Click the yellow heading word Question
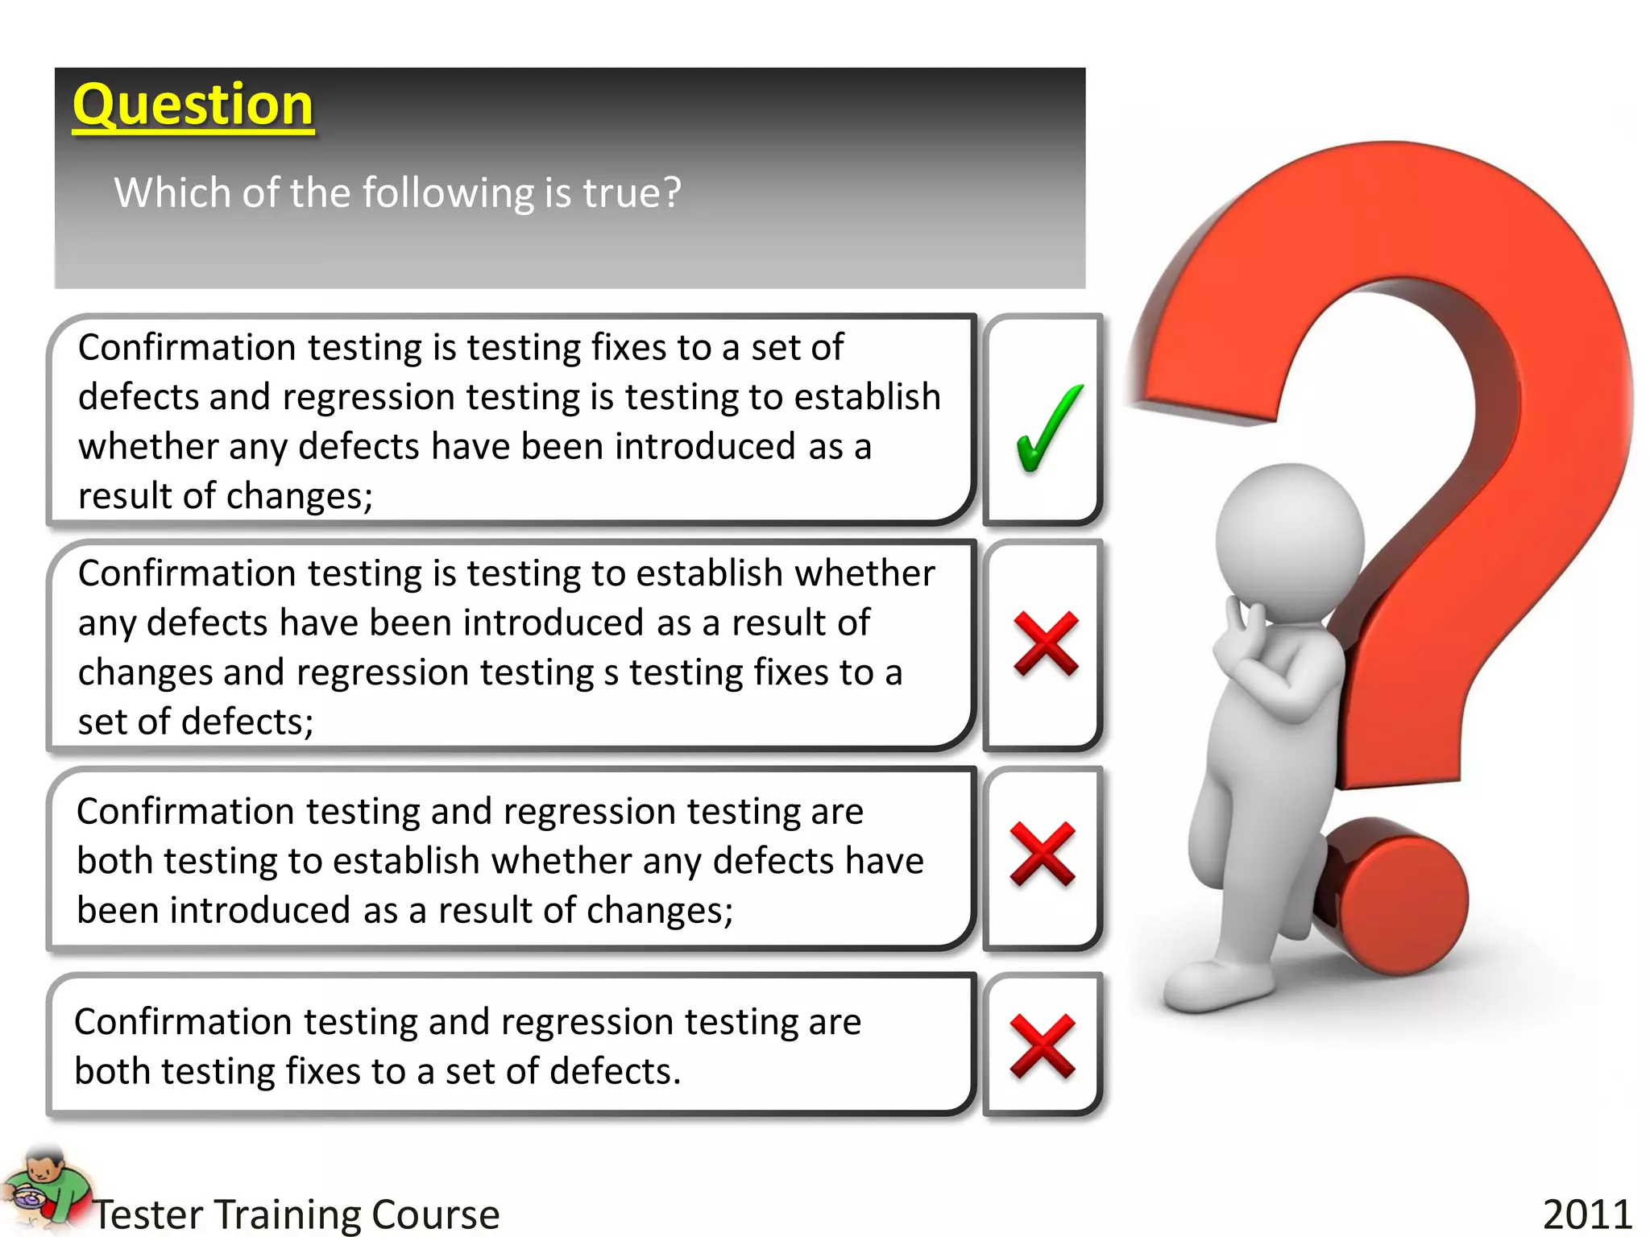click(x=193, y=105)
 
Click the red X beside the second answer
click(x=1046, y=643)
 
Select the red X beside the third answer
click(x=1043, y=854)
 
